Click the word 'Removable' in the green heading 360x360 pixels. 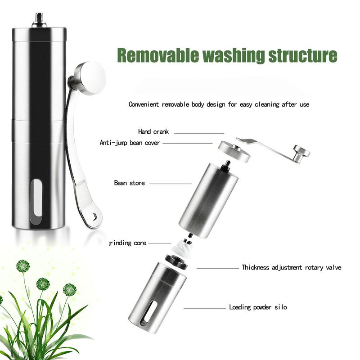tap(158, 55)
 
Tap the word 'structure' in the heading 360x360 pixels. tap(303, 55)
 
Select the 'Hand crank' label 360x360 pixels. tap(153, 131)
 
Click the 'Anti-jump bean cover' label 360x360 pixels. tap(130, 143)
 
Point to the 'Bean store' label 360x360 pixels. tap(130, 183)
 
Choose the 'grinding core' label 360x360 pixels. tap(128, 243)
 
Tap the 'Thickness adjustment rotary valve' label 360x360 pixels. tap(291, 267)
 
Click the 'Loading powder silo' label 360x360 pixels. tap(258, 307)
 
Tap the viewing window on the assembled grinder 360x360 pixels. tap(36, 202)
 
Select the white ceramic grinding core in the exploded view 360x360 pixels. tap(183, 249)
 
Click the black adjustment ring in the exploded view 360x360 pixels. tap(176, 262)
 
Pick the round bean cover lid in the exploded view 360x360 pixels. tap(234, 151)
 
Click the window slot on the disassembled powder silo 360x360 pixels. tap(149, 314)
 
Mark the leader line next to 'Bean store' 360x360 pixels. tap(171, 184)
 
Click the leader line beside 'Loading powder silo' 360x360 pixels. tap(205, 308)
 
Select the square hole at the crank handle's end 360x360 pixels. tap(94, 216)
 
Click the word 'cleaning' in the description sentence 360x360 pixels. tap(267, 104)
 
